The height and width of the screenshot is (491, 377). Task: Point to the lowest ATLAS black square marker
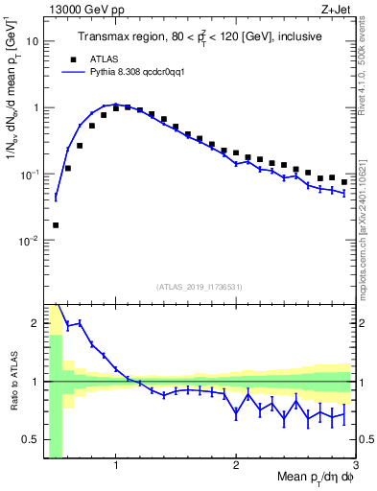click(56, 225)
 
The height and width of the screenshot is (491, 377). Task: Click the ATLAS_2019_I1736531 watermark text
click(200, 287)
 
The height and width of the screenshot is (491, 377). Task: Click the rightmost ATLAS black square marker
click(344, 181)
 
